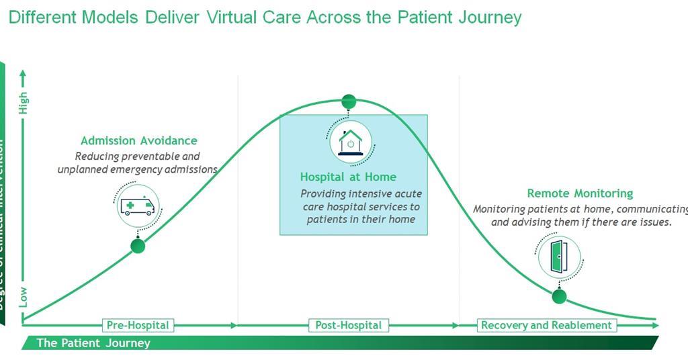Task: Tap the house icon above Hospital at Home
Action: click(x=350, y=142)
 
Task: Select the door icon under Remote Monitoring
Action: click(x=559, y=257)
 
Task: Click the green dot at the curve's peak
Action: click(x=349, y=101)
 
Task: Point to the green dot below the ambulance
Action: click(x=138, y=246)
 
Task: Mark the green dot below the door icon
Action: click(x=559, y=296)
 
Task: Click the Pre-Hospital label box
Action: click(x=138, y=325)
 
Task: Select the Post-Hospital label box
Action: click(x=348, y=325)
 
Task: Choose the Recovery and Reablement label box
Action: click(x=546, y=325)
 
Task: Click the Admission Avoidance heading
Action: click(x=139, y=140)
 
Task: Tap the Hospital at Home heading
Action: click(x=348, y=177)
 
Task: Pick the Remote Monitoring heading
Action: click(x=580, y=193)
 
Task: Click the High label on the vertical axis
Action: click(x=24, y=103)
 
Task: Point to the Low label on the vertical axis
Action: click(x=24, y=296)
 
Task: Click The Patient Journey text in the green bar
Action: click(x=93, y=343)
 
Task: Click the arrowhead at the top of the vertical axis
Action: click(x=24, y=73)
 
